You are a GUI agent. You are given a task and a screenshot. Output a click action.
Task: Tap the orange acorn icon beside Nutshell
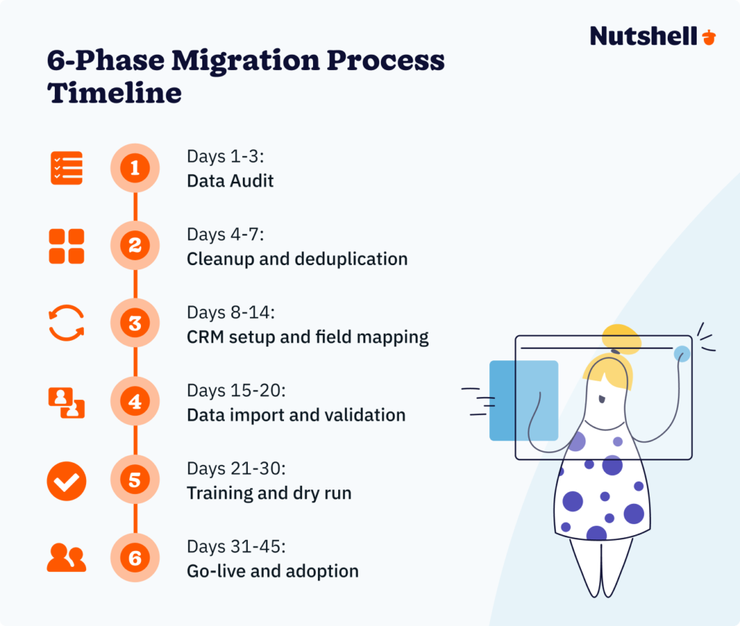tap(709, 36)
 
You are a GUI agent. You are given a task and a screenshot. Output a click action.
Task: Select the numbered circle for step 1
tap(135, 168)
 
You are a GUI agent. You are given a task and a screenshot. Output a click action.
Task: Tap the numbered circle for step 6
tap(135, 558)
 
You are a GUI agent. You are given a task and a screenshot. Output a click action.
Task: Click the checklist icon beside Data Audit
tap(66, 168)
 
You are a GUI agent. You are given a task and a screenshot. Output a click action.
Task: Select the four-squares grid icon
tap(66, 246)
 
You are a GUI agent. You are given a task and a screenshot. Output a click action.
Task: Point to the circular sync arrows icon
tap(66, 323)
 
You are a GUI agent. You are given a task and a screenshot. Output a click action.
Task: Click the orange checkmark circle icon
tap(66, 481)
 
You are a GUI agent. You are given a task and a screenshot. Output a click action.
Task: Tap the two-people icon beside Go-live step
tap(66, 558)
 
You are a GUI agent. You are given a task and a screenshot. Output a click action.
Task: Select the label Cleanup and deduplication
tap(297, 258)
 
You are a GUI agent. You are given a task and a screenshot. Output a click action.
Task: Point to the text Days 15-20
tap(236, 391)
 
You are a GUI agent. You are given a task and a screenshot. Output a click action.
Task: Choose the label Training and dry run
tap(269, 493)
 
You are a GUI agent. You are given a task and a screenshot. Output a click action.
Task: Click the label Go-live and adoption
tap(272, 571)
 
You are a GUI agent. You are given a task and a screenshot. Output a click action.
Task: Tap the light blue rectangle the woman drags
tap(523, 400)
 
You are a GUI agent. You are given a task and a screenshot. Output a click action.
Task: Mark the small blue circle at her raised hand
tap(681, 354)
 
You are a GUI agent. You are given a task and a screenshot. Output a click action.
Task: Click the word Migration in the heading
tap(238, 61)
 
